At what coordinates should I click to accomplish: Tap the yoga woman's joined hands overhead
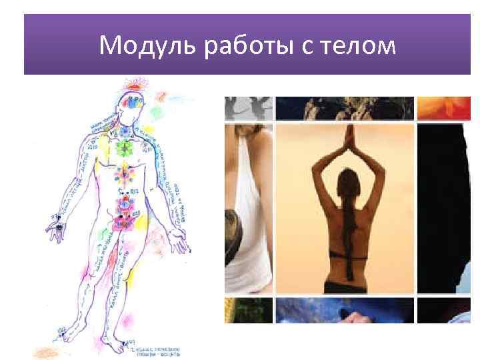(347, 137)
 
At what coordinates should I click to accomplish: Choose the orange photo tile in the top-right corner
(443, 107)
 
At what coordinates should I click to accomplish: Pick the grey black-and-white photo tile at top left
(248, 107)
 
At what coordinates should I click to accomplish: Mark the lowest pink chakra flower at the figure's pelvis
(123, 217)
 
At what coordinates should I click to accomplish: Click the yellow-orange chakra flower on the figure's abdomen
(123, 175)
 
